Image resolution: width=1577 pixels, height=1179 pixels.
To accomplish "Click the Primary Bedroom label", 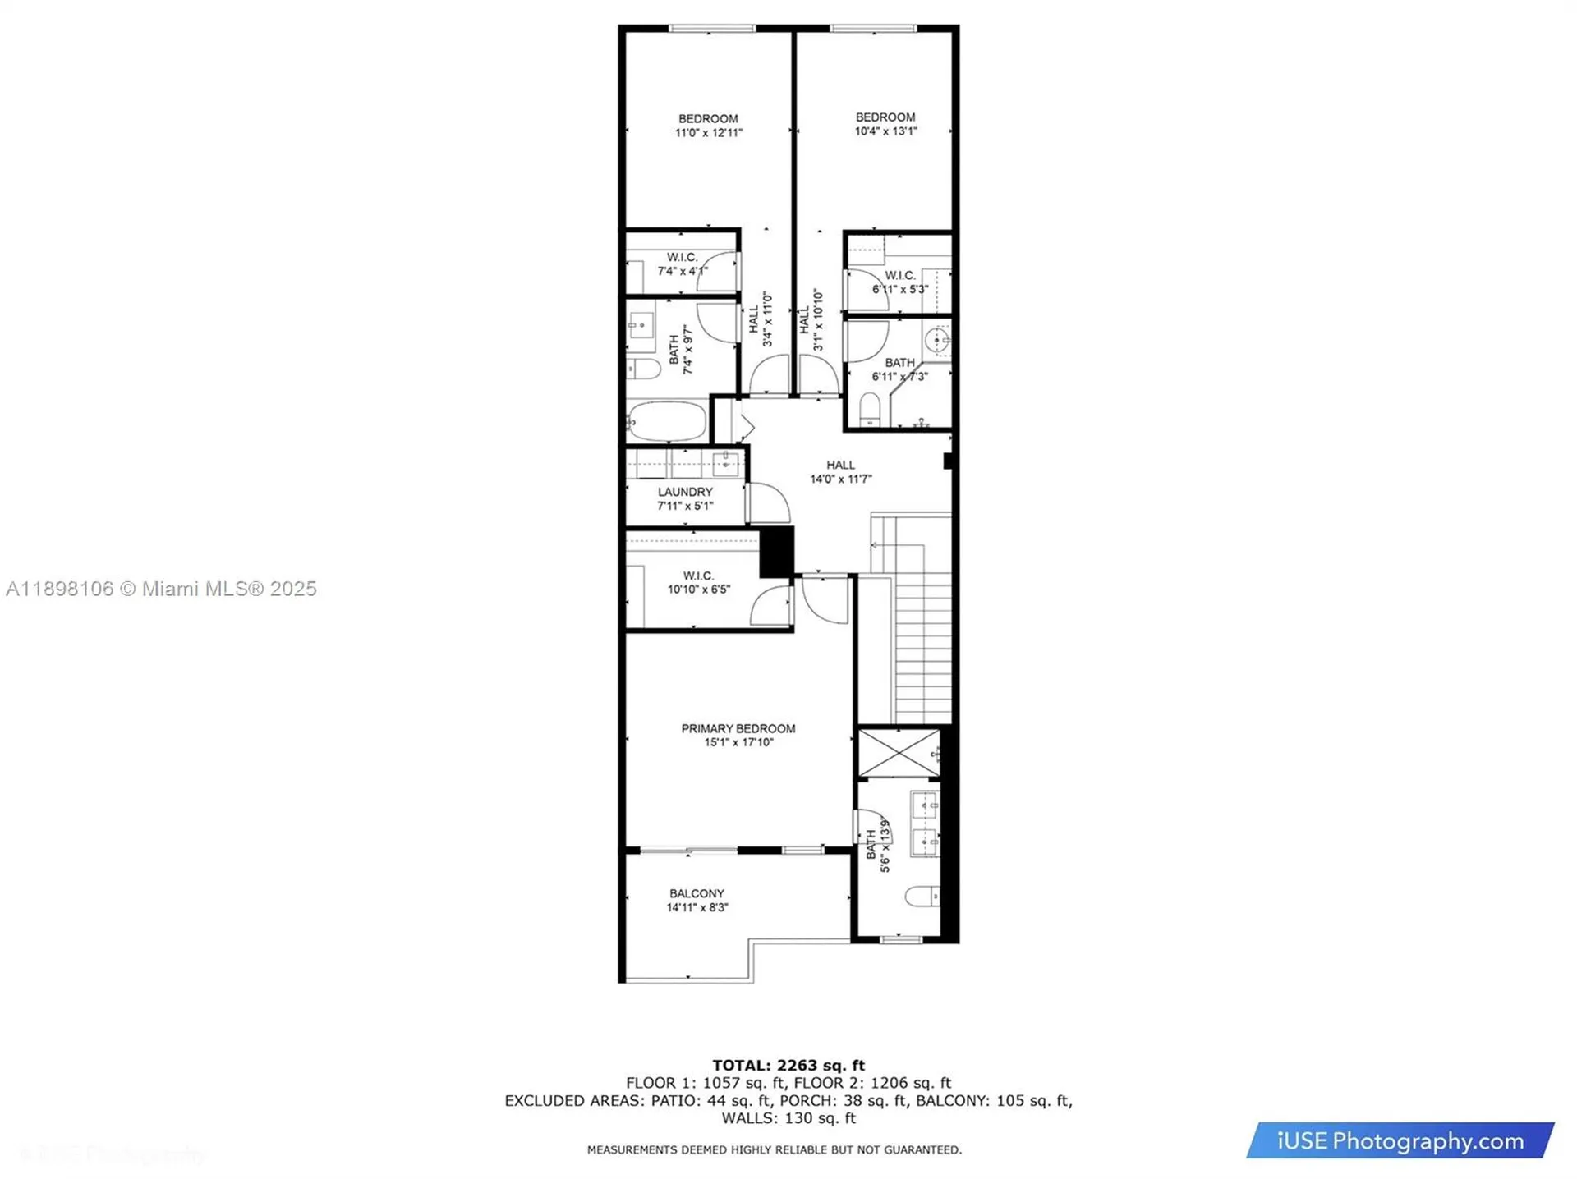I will click(738, 728).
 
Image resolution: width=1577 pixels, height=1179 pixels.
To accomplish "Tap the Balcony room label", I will click(697, 893).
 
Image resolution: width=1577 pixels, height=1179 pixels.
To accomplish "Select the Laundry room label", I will click(685, 492).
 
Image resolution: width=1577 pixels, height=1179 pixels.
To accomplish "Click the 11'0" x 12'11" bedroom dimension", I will click(708, 132).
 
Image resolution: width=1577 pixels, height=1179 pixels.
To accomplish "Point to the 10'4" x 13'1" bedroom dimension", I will click(885, 131).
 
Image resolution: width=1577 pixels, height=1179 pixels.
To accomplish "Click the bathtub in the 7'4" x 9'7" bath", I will click(667, 421).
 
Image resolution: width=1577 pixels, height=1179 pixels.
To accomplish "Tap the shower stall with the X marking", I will click(899, 752).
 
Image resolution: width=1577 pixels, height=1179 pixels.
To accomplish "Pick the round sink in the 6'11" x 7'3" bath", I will click(936, 339).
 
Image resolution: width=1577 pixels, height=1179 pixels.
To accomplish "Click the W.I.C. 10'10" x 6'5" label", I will click(698, 582).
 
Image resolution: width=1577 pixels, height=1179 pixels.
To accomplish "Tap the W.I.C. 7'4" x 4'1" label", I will click(682, 264).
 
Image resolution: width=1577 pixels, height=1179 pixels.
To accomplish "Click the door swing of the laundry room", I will click(769, 502).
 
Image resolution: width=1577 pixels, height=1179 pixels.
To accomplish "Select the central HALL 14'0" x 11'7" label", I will click(840, 472).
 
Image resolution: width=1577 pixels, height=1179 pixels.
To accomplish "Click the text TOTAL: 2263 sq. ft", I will click(788, 1065).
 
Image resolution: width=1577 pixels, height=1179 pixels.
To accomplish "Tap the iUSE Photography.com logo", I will click(1400, 1140).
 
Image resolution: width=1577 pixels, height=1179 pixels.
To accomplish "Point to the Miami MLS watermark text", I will click(161, 589).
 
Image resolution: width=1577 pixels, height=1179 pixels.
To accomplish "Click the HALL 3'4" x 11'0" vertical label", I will click(761, 319).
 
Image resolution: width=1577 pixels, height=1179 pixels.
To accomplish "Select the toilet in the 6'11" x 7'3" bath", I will click(870, 408).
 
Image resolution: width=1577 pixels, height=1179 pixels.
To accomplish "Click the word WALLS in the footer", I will click(747, 1118).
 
